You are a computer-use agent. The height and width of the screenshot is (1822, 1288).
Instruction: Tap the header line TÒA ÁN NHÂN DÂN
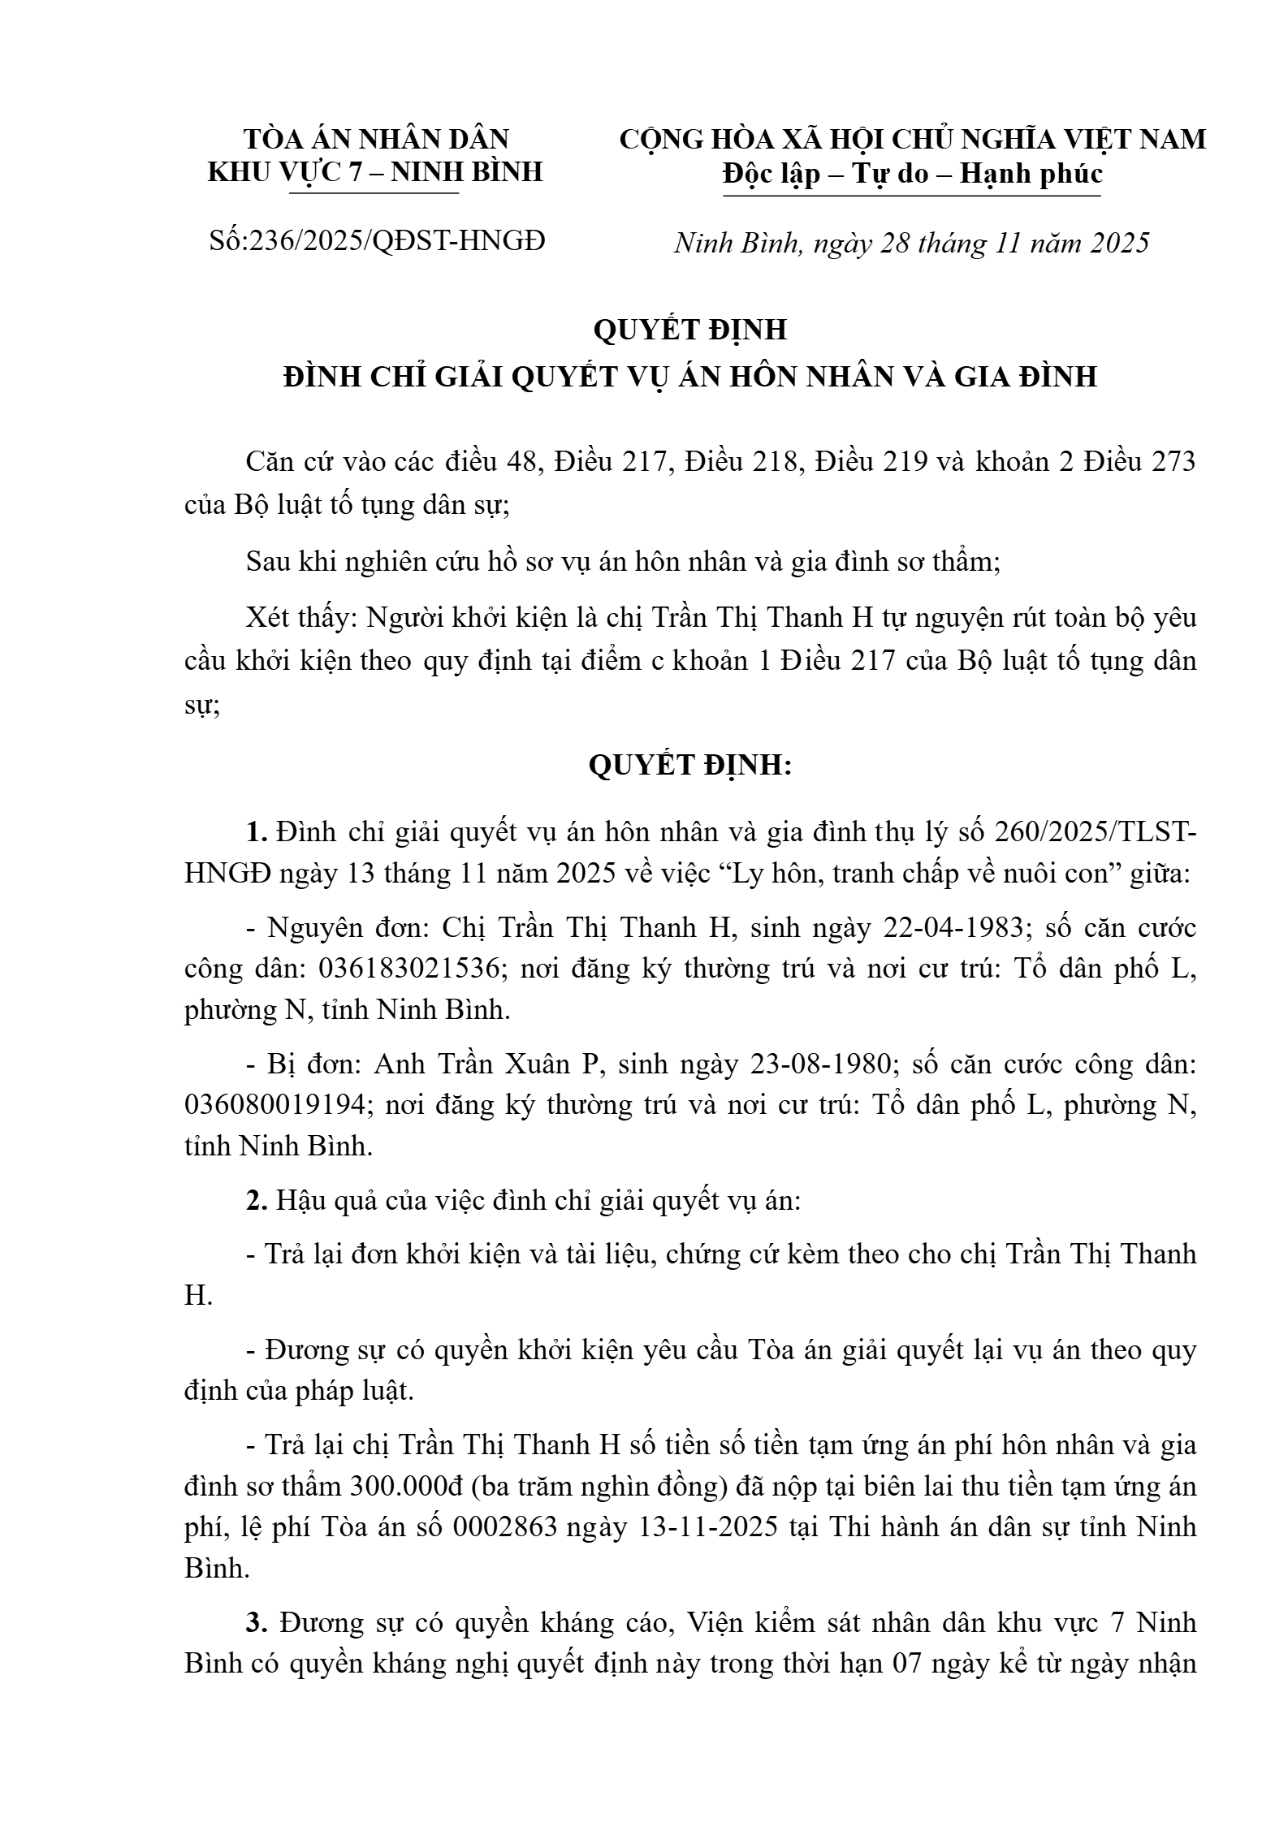(376, 139)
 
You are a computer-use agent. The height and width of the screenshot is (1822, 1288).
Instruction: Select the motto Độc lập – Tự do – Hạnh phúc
(912, 174)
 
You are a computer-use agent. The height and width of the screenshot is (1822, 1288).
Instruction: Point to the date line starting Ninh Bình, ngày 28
(911, 243)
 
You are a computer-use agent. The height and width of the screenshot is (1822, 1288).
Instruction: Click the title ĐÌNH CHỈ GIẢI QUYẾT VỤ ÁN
(690, 377)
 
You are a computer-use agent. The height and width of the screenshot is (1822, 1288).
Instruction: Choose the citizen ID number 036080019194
(276, 1105)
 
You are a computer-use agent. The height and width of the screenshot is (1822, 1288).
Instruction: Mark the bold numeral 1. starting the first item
(257, 832)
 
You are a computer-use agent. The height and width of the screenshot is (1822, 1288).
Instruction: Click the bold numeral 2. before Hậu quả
(257, 1200)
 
